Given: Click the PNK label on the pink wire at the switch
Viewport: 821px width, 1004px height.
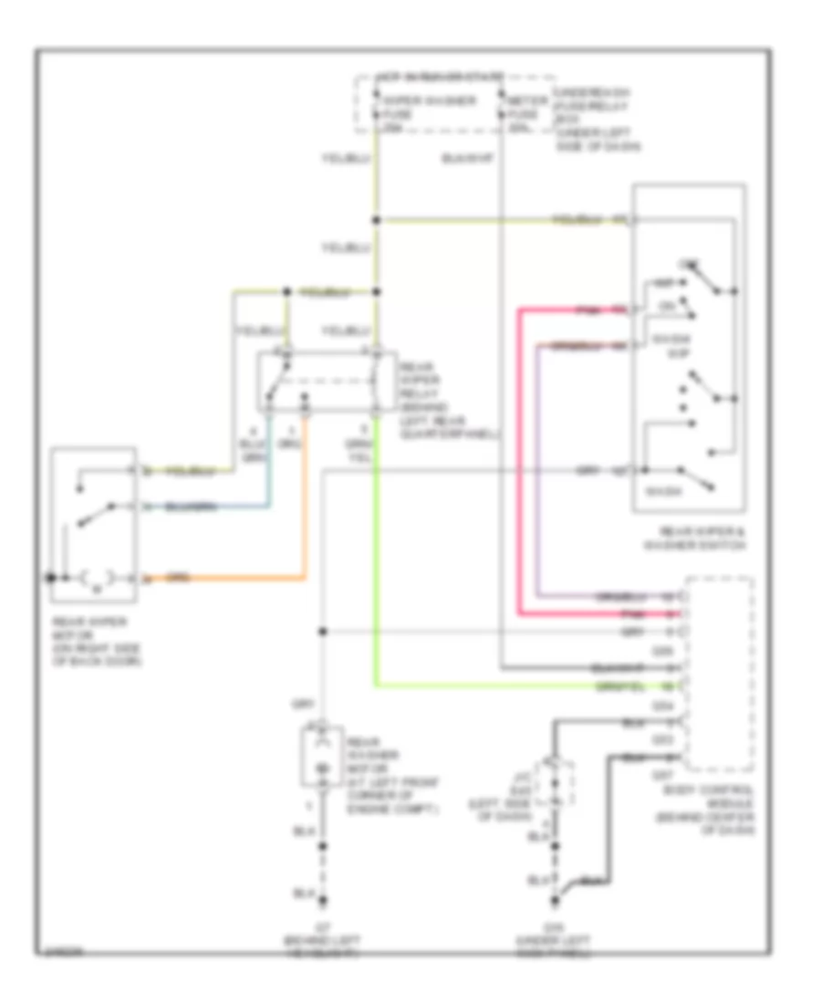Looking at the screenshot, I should (589, 309).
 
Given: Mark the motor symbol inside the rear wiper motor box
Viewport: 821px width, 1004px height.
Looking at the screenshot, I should (97, 579).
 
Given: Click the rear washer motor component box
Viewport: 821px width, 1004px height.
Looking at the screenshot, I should (320, 755).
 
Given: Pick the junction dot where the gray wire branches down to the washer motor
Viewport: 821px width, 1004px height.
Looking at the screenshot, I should (321, 632).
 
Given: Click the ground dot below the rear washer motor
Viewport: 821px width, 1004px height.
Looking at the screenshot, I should (321, 896).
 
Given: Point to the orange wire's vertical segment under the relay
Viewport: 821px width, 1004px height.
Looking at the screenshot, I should (304, 493).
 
